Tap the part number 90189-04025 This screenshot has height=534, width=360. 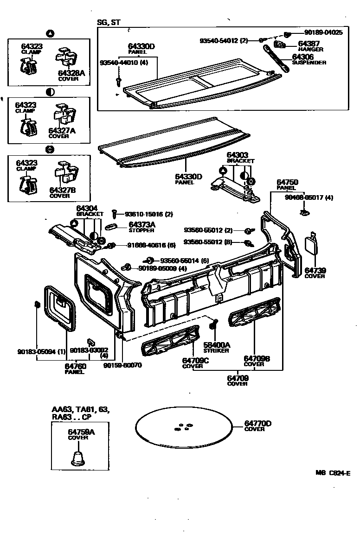323,32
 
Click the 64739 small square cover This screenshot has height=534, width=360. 310,245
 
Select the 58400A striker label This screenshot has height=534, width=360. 216,348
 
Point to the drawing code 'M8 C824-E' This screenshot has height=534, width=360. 333,473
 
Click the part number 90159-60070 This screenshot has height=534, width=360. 122,365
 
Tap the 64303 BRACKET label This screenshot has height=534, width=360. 240,157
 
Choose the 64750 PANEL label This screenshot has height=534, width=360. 287,185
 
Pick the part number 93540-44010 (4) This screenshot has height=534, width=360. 124,63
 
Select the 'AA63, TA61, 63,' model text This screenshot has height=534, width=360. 81,410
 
